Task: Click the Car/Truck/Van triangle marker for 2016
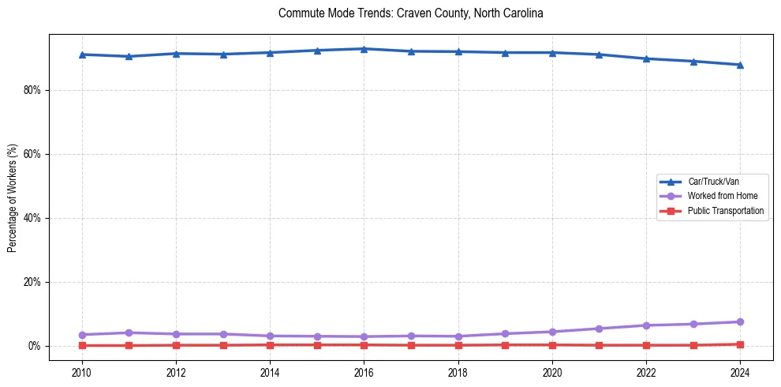(364, 49)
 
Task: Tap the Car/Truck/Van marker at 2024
(740, 65)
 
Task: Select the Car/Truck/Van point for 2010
(82, 54)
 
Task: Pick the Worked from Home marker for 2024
(740, 321)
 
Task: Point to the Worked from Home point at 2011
(129, 333)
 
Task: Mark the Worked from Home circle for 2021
(599, 329)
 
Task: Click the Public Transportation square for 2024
(740, 344)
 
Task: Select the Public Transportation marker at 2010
(82, 345)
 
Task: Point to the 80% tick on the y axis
(32, 90)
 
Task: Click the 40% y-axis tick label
(32, 218)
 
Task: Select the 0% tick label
(35, 346)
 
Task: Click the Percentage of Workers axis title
(12, 197)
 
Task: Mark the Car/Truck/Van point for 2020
(552, 53)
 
